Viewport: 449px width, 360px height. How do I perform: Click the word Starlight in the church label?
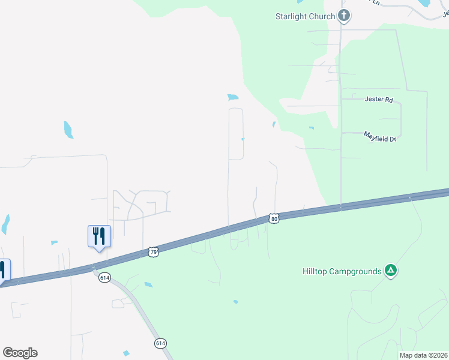pyautogui.click(x=292, y=16)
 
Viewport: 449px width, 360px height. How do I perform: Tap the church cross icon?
pyautogui.click(x=344, y=16)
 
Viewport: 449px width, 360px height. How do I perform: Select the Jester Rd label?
pyautogui.click(x=378, y=100)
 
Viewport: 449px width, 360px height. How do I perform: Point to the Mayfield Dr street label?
pyautogui.click(x=381, y=137)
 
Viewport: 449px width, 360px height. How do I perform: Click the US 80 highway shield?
pyautogui.click(x=274, y=219)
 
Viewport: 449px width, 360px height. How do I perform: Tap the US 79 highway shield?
pyautogui.click(x=153, y=252)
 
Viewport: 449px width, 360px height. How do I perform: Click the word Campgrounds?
pyautogui.click(x=358, y=271)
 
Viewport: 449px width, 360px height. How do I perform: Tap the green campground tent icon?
pyautogui.click(x=390, y=271)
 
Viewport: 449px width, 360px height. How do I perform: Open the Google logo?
pyautogui.click(x=20, y=353)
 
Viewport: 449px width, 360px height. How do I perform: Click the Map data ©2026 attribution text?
pyautogui.click(x=423, y=355)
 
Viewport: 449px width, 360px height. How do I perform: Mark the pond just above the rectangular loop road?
pyautogui.click(x=233, y=97)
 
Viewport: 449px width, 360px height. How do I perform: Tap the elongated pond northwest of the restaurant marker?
pyautogui.click(x=68, y=130)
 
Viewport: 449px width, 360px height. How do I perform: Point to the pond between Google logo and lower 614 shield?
pyautogui.click(x=126, y=353)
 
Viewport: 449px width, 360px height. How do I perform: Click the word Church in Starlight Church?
pyautogui.click(x=322, y=16)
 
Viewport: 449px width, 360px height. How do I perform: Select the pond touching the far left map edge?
pyautogui.click(x=5, y=224)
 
